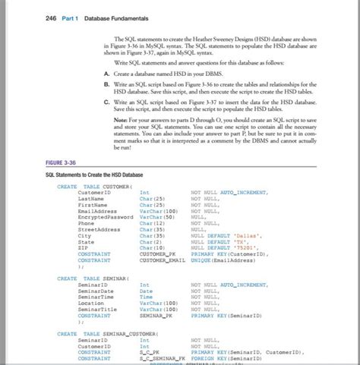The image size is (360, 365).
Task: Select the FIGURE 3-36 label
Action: pos(62,162)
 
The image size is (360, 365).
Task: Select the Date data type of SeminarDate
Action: pos(146,291)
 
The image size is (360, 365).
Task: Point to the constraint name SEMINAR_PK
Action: pos(156,315)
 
